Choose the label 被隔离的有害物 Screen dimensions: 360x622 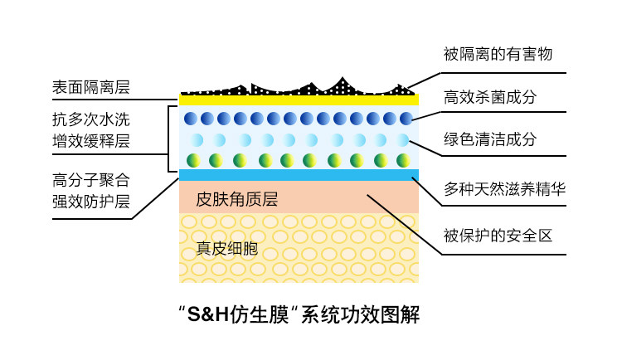pos(498,55)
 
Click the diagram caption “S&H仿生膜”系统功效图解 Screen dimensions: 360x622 pos(299,315)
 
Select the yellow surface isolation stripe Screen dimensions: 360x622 pos(299,100)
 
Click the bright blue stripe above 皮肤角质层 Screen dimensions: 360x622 pos(299,174)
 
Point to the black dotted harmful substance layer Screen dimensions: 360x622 pos(299,88)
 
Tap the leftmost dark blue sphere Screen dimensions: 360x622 pos(191,119)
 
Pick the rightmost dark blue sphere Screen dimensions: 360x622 pos(406,119)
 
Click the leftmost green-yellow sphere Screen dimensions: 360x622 pos(192,159)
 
